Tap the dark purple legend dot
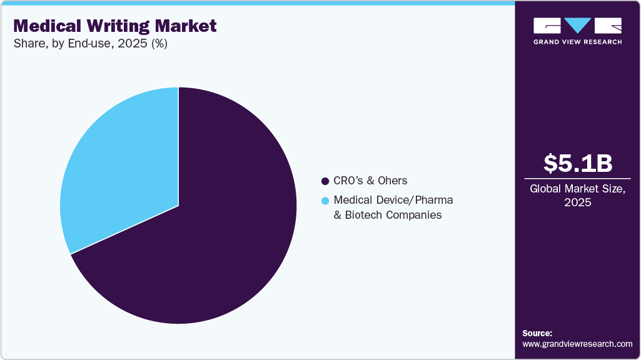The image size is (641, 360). (325, 181)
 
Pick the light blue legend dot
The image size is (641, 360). (325, 201)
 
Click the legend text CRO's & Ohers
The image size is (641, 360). (370, 181)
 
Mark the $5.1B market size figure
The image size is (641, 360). (577, 163)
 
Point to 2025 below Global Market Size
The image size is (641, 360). (577, 202)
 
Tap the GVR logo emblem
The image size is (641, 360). (577, 26)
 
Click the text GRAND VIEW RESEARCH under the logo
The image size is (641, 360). (577, 42)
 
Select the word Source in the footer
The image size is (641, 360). (537, 333)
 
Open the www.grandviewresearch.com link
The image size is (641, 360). (577, 344)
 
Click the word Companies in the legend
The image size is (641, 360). (413, 215)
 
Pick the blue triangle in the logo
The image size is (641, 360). (577, 24)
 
